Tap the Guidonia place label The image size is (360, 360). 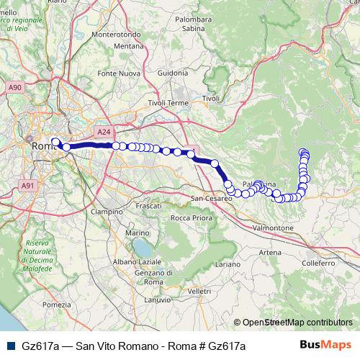click(172, 73)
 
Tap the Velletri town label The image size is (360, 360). click(198, 290)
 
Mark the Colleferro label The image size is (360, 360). click(319, 264)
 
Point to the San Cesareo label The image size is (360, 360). click(210, 198)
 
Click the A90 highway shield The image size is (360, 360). click(15, 87)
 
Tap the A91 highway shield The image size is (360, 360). click(28, 186)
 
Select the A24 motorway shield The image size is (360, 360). click(104, 132)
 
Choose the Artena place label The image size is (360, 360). click(271, 253)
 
